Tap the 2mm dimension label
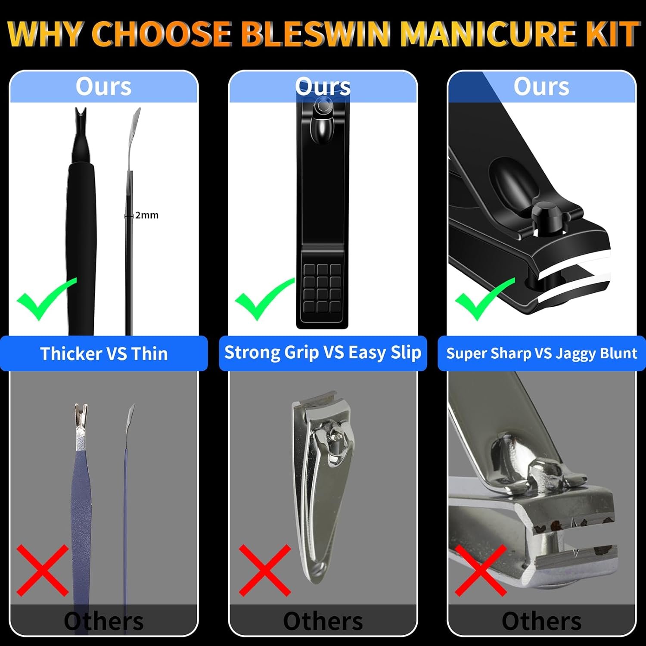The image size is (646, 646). [x=146, y=215]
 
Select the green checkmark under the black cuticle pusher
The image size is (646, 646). [x=45, y=298]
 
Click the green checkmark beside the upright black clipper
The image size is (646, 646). [x=263, y=298]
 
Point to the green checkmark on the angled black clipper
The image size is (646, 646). [x=483, y=298]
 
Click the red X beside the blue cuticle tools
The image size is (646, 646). [x=42, y=570]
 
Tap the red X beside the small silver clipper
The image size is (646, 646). [x=265, y=570]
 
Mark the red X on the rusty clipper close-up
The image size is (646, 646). [x=481, y=570]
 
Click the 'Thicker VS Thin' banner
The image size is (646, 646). [x=104, y=354]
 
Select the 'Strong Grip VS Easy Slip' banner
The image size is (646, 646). [x=323, y=353]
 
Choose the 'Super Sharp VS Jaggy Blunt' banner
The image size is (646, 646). [x=541, y=354]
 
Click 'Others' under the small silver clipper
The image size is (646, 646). [x=323, y=621]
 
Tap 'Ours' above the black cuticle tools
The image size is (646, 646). [x=103, y=87]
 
